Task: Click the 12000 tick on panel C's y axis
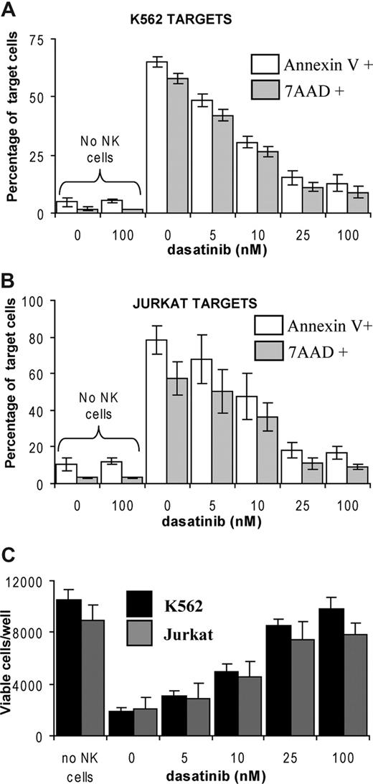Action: (x=26, y=580)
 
